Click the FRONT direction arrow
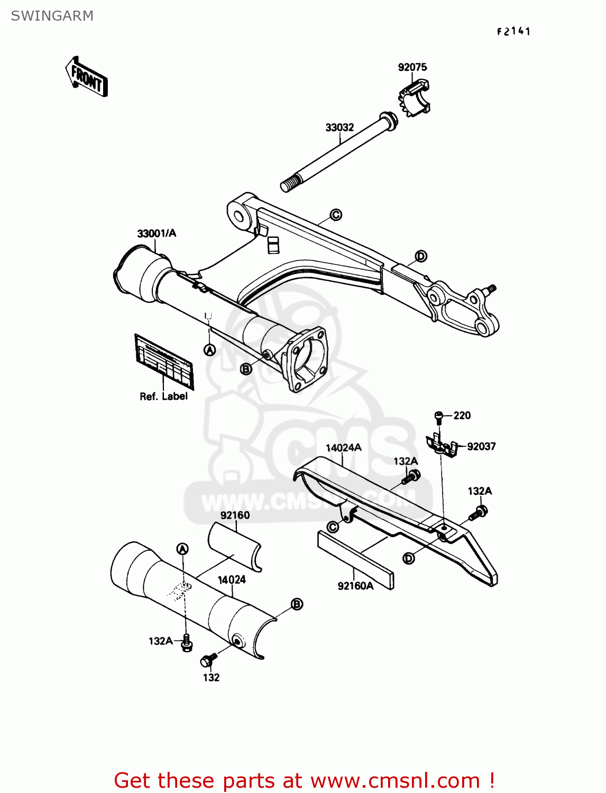pyautogui.click(x=86, y=77)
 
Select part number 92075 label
pyautogui.click(x=412, y=67)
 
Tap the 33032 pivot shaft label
pyautogui.click(x=339, y=127)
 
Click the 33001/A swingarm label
pyautogui.click(x=157, y=233)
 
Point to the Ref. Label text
pyautogui.click(x=163, y=396)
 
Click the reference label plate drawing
pyautogui.click(x=164, y=361)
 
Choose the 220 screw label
pyautogui.click(x=462, y=416)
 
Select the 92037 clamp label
pyautogui.click(x=481, y=447)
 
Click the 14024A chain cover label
pyautogui.click(x=343, y=448)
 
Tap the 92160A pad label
pyautogui.click(x=355, y=586)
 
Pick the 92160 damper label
pyautogui.click(x=235, y=515)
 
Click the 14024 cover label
pyautogui.click(x=232, y=580)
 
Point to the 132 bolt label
pyautogui.click(x=211, y=678)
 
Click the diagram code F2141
pyautogui.click(x=513, y=32)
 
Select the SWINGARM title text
pyautogui.click(x=52, y=16)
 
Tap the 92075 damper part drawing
pyautogui.click(x=414, y=97)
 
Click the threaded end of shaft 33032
pyautogui.click(x=288, y=185)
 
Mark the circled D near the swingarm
pyautogui.click(x=420, y=256)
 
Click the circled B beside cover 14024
pyautogui.click(x=297, y=604)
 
